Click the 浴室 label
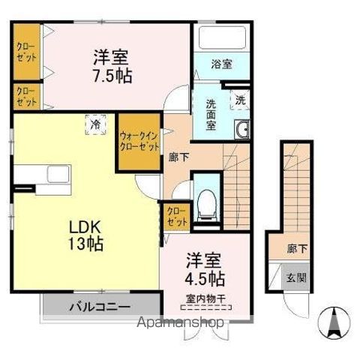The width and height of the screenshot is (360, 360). [x=220, y=64]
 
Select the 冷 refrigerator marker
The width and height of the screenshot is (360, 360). [x=96, y=121]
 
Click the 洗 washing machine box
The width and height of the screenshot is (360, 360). [x=240, y=99]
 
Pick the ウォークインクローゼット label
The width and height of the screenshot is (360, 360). [x=139, y=141]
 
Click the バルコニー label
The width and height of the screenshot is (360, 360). [x=100, y=307]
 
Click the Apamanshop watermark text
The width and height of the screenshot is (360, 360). [x=180, y=322]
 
